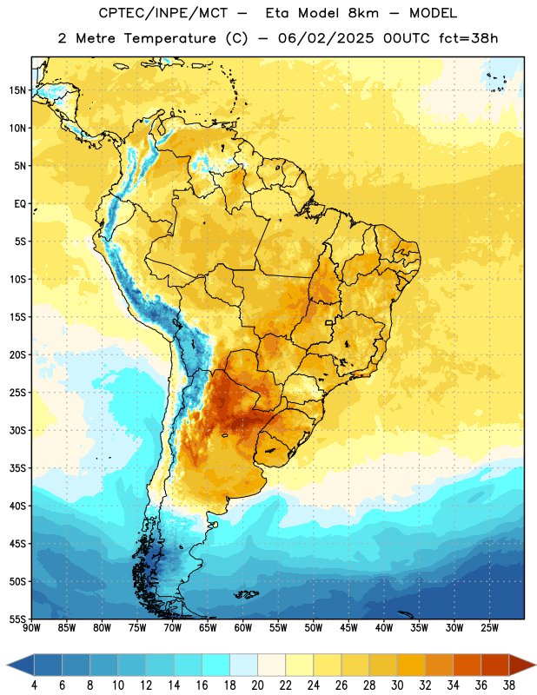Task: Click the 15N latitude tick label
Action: pyautogui.click(x=17, y=90)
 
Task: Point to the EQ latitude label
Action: pyautogui.click(x=19, y=204)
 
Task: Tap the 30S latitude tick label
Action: pyautogui.click(x=17, y=430)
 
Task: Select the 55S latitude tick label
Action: pyautogui.click(x=17, y=619)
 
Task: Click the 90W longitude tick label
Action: pyautogui.click(x=31, y=628)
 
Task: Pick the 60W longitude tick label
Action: pyautogui.click(x=243, y=628)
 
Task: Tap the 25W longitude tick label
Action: pyautogui.click(x=489, y=628)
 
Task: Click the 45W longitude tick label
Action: pyautogui.click(x=348, y=628)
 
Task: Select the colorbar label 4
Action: pyautogui.click(x=34, y=685)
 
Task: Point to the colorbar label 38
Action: pyautogui.click(x=508, y=685)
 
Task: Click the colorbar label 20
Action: pyautogui.click(x=257, y=685)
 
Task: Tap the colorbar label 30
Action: pyautogui.click(x=397, y=685)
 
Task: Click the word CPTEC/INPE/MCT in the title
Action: pyautogui.click(x=163, y=13)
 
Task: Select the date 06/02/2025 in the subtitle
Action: pyautogui.click(x=326, y=38)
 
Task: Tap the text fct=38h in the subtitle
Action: pyautogui.click(x=468, y=38)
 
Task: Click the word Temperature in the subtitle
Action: pyautogui.click(x=169, y=38)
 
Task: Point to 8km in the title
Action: pyautogui.click(x=363, y=13)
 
